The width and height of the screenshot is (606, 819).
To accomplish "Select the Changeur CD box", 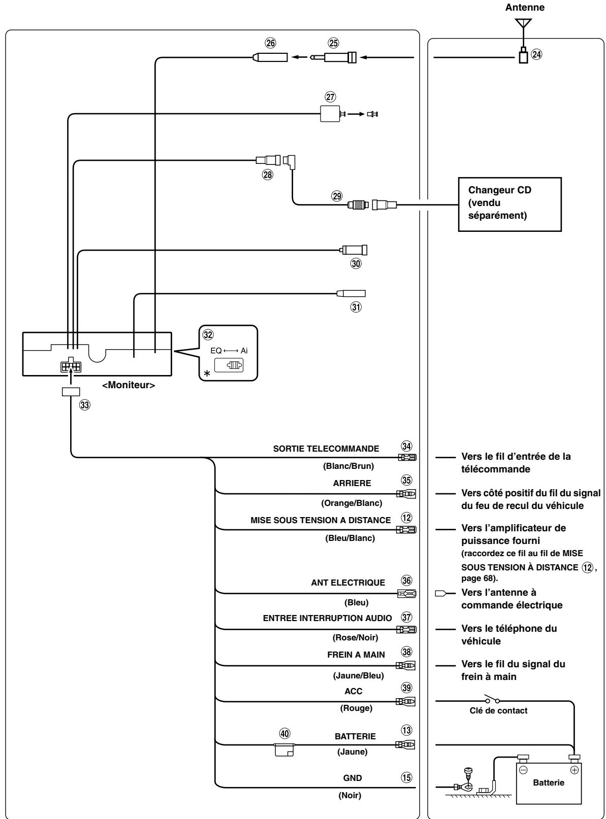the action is tap(509, 204).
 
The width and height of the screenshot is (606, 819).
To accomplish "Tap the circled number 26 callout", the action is tap(270, 43).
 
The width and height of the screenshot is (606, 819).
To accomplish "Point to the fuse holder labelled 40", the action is tap(284, 749).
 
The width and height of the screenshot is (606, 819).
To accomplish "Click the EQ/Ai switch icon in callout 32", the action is tap(229, 365).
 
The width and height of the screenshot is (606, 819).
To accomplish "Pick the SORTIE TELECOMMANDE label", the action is tap(326, 449).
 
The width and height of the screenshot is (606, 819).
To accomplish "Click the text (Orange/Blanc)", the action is tap(351, 503).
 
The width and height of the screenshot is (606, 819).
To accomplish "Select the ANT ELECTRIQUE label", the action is tap(348, 583).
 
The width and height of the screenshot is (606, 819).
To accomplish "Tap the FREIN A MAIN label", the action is tap(356, 655).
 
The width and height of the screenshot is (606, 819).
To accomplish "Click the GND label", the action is tap(353, 778).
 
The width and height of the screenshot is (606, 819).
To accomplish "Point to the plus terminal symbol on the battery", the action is tap(574, 770).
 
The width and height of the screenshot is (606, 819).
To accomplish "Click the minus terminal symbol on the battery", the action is tap(524, 770).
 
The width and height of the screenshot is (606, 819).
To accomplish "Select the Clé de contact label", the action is tap(498, 710).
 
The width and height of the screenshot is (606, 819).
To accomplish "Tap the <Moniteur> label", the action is tap(129, 385).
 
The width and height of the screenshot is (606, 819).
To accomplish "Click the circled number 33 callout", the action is tap(85, 405).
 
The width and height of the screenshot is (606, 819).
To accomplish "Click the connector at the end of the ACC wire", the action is tap(405, 701).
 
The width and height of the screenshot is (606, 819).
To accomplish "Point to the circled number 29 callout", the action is tap(336, 196).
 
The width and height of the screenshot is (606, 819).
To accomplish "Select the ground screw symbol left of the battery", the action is tap(467, 775).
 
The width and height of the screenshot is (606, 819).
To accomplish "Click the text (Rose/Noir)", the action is tap(355, 637).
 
